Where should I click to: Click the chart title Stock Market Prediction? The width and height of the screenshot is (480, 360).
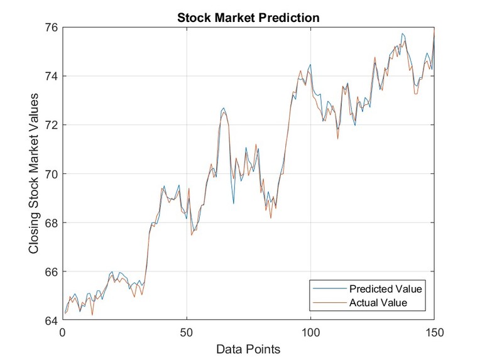click(x=248, y=17)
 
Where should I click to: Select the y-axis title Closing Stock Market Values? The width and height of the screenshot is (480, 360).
click(x=35, y=173)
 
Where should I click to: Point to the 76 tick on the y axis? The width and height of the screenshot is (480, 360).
click(x=50, y=28)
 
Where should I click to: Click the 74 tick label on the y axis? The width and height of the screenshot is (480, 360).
click(x=50, y=76)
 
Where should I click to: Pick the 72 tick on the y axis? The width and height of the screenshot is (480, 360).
click(x=50, y=125)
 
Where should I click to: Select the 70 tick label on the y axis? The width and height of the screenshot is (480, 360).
click(x=50, y=174)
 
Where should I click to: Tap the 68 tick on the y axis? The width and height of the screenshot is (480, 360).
click(x=50, y=223)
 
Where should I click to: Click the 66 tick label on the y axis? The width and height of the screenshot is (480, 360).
click(x=50, y=272)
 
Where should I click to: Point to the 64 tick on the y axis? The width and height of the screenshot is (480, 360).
click(x=50, y=320)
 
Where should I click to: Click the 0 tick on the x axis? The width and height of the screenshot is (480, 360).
click(x=62, y=332)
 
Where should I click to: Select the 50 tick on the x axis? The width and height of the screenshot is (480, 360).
click(x=187, y=332)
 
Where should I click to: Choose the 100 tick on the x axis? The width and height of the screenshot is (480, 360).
click(x=311, y=332)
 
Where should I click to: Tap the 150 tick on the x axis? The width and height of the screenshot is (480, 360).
click(x=435, y=332)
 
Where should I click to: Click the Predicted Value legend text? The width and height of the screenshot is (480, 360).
click(x=386, y=289)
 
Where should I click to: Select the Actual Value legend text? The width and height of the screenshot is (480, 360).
click(x=378, y=303)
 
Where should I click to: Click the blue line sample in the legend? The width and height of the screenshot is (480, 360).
click(x=330, y=289)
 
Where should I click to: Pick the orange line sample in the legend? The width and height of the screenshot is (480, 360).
click(x=330, y=303)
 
